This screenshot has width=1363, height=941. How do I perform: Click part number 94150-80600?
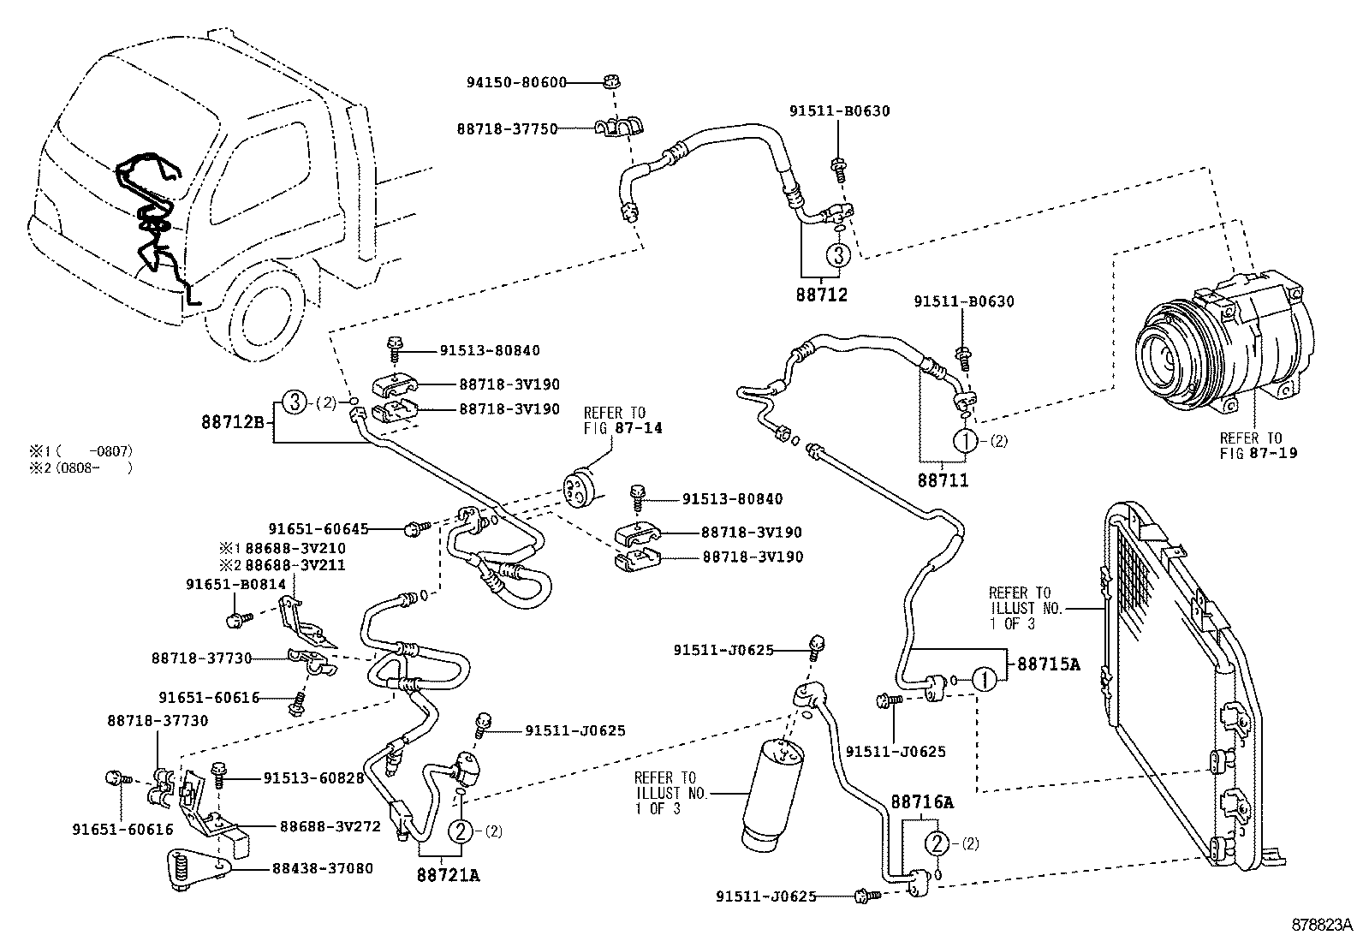click(x=516, y=83)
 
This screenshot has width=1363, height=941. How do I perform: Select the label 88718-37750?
click(x=506, y=129)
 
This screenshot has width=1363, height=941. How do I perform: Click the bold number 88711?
click(x=943, y=480)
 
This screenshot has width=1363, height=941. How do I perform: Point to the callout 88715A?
click(x=1048, y=664)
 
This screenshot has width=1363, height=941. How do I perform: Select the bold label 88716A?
click(x=922, y=802)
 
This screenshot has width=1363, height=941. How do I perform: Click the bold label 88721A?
click(x=449, y=874)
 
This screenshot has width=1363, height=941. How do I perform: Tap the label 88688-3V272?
click(x=330, y=826)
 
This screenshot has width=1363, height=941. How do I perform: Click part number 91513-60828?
click(x=313, y=778)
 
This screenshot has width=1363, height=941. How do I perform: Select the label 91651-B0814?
click(x=236, y=584)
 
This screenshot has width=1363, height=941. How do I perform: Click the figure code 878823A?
click(x=1321, y=926)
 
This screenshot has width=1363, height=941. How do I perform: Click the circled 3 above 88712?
click(x=838, y=254)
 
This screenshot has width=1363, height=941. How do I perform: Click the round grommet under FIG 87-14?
click(x=580, y=485)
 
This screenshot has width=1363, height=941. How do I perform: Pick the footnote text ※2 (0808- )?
click(x=81, y=468)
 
